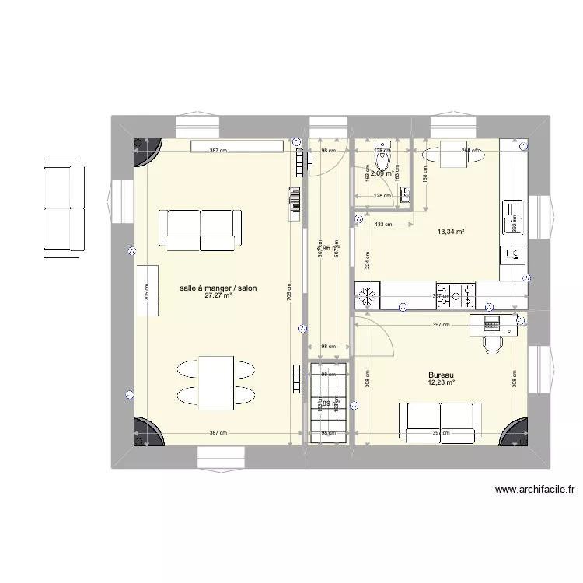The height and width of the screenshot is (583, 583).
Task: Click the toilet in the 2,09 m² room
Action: click(x=382, y=161)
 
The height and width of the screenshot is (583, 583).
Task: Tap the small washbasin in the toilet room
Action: click(x=405, y=194)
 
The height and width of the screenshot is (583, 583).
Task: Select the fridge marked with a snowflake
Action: click(x=367, y=295)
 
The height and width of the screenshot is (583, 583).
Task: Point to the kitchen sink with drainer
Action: click(x=513, y=217)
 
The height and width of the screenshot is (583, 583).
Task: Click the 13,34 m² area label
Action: click(x=451, y=232)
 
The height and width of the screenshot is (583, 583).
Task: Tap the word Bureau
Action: click(x=441, y=374)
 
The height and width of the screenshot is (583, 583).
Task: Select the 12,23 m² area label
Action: click(x=441, y=382)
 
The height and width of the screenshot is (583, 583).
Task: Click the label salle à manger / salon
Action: click(x=218, y=288)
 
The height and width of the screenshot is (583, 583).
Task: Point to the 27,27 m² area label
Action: click(x=218, y=296)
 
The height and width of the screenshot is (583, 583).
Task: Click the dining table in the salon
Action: click(x=217, y=382)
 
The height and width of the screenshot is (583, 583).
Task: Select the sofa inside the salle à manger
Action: click(x=201, y=229)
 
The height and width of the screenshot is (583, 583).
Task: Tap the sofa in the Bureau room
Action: click(x=440, y=421)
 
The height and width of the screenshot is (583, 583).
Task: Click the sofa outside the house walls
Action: click(x=63, y=208)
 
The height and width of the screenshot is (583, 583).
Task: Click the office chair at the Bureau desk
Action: click(x=493, y=342)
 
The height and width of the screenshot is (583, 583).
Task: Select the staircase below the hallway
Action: click(x=328, y=403)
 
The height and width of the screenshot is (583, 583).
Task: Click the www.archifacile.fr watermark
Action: click(x=533, y=490)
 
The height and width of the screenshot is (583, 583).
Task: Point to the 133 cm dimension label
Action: click(x=383, y=225)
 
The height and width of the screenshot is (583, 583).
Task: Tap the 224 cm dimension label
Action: click(x=367, y=264)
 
